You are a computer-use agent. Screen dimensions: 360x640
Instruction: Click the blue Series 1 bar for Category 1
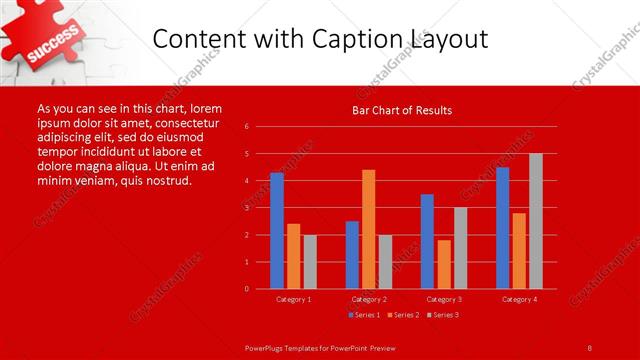pos(277,231)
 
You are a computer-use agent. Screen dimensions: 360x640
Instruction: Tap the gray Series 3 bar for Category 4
pos(535,221)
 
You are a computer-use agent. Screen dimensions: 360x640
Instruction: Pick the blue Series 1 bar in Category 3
pos(427,241)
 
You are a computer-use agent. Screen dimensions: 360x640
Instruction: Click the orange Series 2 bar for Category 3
pos(444,264)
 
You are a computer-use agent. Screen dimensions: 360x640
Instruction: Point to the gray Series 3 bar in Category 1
pos(310,262)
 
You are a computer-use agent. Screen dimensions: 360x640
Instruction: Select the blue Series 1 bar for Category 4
pos(502,228)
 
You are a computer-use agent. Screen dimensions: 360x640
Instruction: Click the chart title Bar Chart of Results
pos(401,110)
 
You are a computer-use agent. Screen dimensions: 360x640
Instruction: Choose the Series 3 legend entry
pos(443,315)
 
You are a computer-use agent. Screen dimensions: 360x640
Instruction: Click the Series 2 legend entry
pos(403,315)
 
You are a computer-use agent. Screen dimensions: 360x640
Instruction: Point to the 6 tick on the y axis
pos(246,127)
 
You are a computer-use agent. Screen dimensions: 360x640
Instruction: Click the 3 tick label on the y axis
pos(246,208)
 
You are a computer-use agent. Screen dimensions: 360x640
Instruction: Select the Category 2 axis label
pos(368,299)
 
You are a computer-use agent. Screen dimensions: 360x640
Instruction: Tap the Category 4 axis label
pos(518,299)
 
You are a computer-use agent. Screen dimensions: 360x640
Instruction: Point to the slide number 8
pos(590,347)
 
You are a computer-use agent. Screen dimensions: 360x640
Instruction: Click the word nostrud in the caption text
pos(166,180)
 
